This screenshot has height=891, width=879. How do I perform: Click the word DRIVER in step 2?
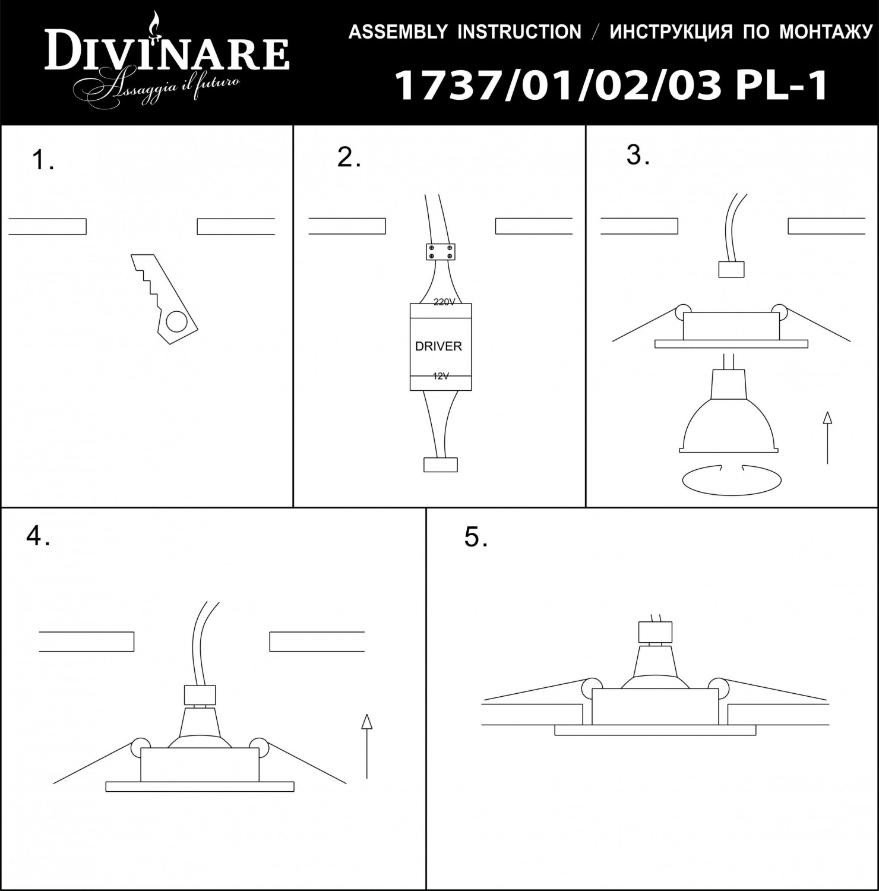pos(438,346)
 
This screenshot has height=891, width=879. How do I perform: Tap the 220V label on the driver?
pos(444,302)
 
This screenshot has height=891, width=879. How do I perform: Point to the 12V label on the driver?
pos(441,375)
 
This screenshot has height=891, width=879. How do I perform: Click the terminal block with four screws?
pos(440,252)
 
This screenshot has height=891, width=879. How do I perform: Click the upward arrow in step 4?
pos(366,745)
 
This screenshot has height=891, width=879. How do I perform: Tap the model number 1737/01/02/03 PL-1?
pos(611,86)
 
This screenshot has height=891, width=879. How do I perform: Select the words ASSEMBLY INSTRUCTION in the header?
pos(464,32)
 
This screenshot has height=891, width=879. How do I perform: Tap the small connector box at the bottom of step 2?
pos(441,464)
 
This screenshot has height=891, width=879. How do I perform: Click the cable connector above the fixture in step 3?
pos(731,270)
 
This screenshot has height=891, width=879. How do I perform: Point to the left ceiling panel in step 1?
pos(48,227)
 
